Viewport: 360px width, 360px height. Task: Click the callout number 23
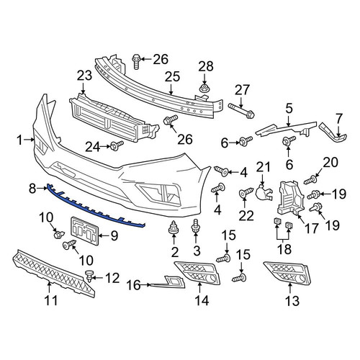click(84, 76)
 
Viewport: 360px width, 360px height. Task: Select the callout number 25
click(172, 77)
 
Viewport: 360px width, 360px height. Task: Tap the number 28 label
click(206, 66)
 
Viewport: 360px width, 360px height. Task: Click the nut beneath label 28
click(204, 88)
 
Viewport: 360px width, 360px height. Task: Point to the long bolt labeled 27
click(242, 111)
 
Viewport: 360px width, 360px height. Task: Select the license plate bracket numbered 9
click(84, 231)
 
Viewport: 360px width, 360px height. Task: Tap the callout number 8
click(32, 189)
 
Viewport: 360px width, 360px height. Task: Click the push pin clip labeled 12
click(89, 276)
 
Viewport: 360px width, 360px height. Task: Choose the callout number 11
click(51, 300)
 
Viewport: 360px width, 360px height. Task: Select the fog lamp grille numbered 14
click(197, 273)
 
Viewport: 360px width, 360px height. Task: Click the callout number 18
click(284, 248)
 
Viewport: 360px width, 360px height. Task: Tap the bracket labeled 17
click(291, 197)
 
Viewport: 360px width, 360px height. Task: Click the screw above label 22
click(246, 192)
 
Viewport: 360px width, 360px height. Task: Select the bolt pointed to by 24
click(117, 145)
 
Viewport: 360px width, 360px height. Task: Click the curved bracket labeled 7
click(333, 132)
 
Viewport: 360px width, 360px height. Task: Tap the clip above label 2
click(174, 228)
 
